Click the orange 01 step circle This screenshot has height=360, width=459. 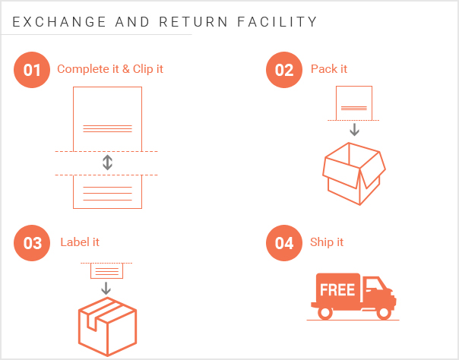(x=32, y=70)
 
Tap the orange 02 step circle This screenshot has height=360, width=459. (x=284, y=70)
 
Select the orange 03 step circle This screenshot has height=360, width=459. (x=32, y=243)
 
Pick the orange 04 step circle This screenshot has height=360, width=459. (x=284, y=243)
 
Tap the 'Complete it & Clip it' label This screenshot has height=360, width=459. (x=110, y=69)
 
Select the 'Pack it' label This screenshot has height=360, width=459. (x=329, y=69)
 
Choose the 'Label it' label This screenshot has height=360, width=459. (x=80, y=242)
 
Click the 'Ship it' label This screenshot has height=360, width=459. (x=327, y=242)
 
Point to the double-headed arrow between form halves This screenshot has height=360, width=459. (x=107, y=163)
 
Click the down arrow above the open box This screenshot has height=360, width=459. (x=354, y=129)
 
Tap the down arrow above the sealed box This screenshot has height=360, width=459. (x=106, y=289)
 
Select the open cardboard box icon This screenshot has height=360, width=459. (x=353, y=173)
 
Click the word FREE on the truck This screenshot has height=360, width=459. (x=337, y=289)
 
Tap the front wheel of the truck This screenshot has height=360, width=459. (x=385, y=311)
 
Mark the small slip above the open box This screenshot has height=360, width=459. (x=354, y=103)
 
